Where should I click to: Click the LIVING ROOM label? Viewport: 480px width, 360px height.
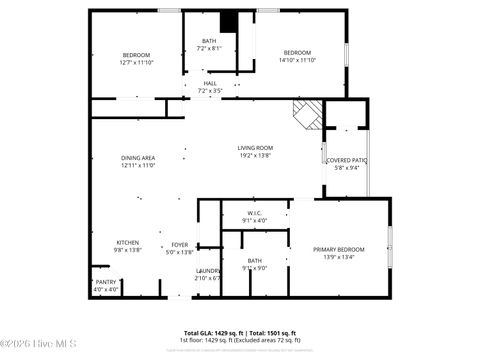[255, 148]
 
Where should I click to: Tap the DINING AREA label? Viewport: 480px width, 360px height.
[138, 158]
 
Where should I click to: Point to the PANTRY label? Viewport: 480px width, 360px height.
[106, 282]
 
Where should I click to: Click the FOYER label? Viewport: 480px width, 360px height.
[180, 244]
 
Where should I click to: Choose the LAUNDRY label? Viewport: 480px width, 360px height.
[208, 271]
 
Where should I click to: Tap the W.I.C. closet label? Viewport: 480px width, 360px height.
[255, 214]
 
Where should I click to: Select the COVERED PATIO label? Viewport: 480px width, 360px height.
[347, 160]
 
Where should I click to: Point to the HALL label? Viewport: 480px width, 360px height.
[210, 83]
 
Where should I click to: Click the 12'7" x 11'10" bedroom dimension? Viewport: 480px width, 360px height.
[136, 62]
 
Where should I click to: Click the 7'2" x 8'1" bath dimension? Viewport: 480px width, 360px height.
[209, 48]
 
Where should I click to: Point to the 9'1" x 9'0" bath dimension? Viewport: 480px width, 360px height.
[255, 268]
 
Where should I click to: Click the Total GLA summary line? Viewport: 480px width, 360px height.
[240, 332]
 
